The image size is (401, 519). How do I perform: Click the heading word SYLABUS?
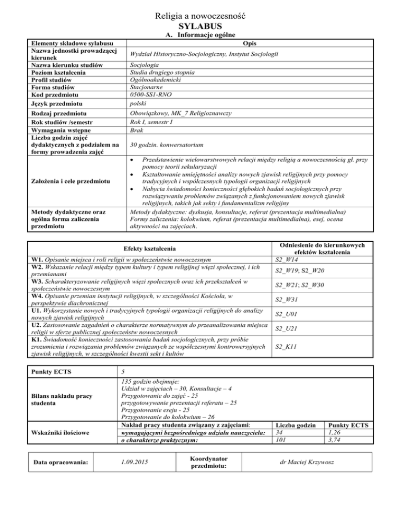(x=200, y=26)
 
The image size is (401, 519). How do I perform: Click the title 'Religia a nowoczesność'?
(x=200, y=15)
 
